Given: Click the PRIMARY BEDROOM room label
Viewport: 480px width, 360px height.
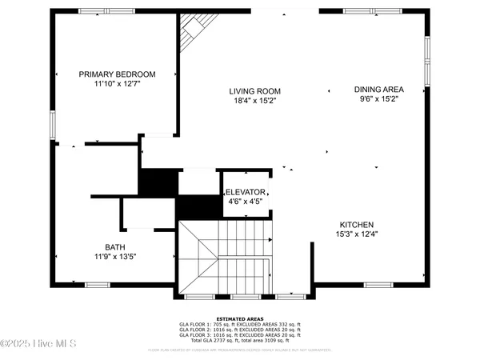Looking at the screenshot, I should (x=117, y=74).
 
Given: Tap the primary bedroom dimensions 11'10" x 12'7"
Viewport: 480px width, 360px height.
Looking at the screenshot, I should (x=117, y=84).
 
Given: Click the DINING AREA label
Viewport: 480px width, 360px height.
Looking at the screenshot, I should (x=378, y=90).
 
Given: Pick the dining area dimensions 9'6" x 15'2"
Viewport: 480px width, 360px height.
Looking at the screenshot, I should (x=378, y=100).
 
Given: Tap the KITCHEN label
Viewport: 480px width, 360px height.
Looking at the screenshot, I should (x=356, y=225).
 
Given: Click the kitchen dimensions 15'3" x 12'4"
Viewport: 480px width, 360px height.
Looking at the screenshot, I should (x=356, y=234).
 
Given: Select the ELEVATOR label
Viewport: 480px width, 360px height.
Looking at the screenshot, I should (x=245, y=193).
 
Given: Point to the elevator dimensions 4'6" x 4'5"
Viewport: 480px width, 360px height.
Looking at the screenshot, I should (x=245, y=202).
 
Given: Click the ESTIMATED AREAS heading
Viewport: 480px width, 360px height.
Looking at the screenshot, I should (x=239, y=318).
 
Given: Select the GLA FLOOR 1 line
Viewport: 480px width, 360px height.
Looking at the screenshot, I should (x=239, y=324).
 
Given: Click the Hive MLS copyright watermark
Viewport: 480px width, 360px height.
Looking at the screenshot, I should (x=38, y=345).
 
